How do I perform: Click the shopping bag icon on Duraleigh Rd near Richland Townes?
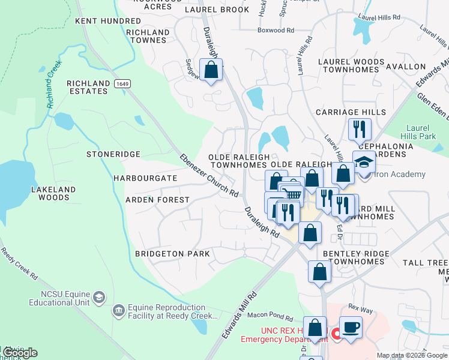[x=211, y=70]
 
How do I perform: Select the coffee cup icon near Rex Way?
[x=351, y=328]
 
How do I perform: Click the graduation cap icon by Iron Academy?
[x=364, y=162]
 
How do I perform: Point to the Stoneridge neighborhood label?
[x=113, y=154]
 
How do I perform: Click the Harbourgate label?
[x=145, y=178]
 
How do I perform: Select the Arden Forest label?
[x=157, y=199]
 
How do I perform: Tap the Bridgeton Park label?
[x=172, y=254]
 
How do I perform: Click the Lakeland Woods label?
[x=53, y=193]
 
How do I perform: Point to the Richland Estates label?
[x=88, y=87]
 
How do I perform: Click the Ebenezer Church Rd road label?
[x=209, y=176]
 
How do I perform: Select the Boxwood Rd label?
[x=276, y=29]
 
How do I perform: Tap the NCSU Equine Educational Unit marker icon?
[x=99, y=297]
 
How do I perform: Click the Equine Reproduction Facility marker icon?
[x=119, y=310]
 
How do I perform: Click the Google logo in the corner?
[x=19, y=352]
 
